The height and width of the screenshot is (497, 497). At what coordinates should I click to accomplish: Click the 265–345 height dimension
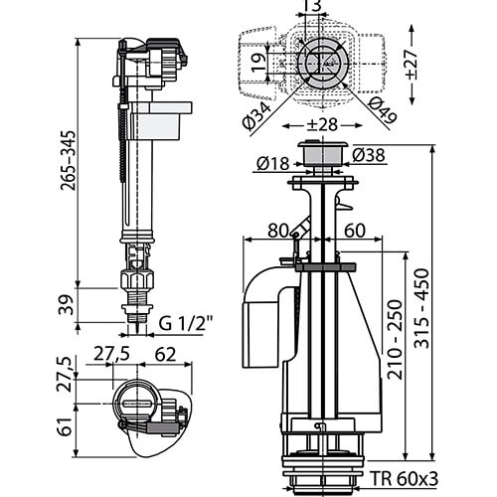click(x=68, y=160)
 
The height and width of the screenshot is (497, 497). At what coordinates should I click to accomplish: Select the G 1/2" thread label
click(x=186, y=323)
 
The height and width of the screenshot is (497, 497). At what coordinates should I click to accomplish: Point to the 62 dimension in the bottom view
click(x=165, y=355)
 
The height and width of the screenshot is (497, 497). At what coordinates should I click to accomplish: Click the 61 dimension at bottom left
click(x=65, y=426)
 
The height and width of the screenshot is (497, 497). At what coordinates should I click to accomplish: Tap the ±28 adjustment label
click(x=321, y=125)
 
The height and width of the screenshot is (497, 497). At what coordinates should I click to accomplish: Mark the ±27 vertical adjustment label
click(x=412, y=64)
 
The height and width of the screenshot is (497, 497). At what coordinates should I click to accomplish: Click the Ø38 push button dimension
click(x=369, y=155)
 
